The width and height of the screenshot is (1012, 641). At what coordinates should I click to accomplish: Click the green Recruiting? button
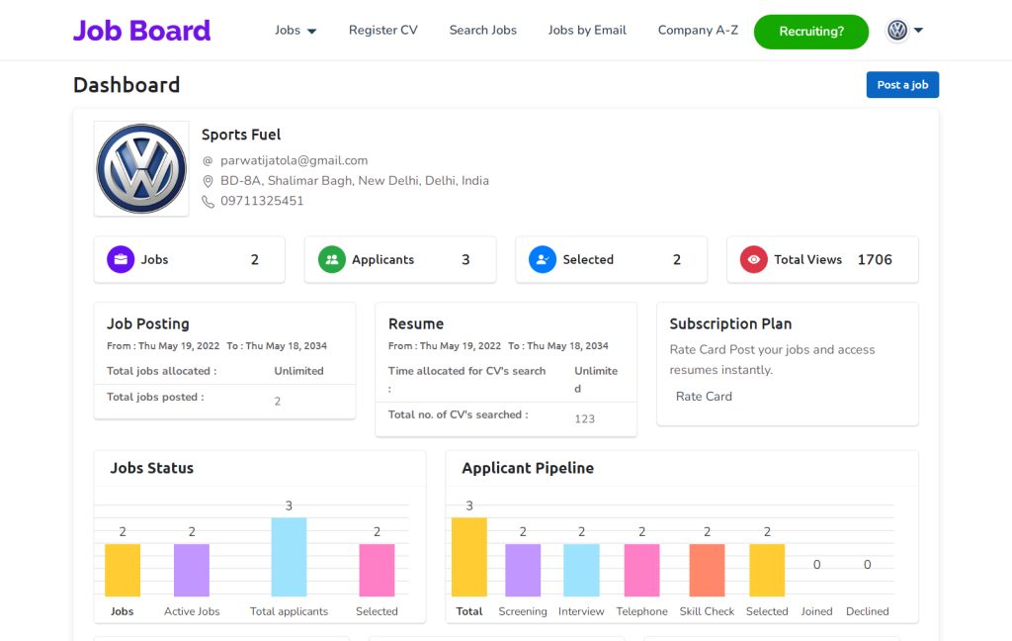pos(810,32)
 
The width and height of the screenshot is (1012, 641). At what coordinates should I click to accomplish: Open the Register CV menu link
pos(382,31)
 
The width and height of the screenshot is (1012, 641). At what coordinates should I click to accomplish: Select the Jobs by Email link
pos(587,31)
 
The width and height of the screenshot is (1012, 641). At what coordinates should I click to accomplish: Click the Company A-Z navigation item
pos(698,31)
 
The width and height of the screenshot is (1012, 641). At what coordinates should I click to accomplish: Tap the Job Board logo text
pos(141,31)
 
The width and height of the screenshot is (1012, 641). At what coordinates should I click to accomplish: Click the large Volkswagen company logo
pos(141,168)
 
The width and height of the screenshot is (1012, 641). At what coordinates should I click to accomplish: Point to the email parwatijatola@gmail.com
pos(294,160)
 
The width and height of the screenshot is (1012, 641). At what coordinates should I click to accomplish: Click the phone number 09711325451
pos(262,201)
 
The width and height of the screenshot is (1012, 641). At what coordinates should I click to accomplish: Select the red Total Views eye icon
pos(753,260)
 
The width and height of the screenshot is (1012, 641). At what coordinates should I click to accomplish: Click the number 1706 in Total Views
pos(874,260)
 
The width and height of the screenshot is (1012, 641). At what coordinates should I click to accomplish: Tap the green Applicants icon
pos(331,260)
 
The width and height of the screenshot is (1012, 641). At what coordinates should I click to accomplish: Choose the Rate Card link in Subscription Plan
pos(704,397)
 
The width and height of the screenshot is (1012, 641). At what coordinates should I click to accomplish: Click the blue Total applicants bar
pos(289,557)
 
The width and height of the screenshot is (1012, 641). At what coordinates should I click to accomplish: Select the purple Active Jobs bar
pos(192,571)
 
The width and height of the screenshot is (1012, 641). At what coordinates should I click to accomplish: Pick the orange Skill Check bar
pos(707,571)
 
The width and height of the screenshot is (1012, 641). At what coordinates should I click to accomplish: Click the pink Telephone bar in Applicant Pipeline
pos(641,571)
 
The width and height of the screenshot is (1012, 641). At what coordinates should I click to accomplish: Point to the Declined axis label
pos(867,611)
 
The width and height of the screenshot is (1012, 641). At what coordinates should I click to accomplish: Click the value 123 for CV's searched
pos(584,419)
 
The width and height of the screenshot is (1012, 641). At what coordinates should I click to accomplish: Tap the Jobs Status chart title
pos(151,468)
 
